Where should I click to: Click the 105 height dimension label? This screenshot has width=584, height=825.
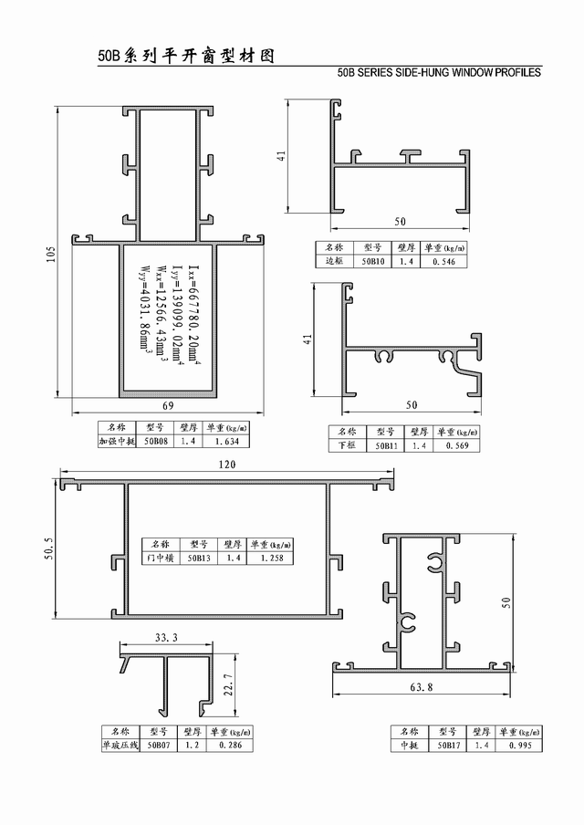coord(51,254)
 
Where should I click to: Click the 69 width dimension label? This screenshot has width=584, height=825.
coord(168,405)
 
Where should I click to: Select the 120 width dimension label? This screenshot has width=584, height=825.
coord(227,465)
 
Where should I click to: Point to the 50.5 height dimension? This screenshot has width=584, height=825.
coord(49,548)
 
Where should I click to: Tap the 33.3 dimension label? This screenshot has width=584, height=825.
coord(166,638)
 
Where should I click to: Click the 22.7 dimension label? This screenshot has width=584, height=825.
coord(229,684)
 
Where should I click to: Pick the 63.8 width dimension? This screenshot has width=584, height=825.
coord(422,686)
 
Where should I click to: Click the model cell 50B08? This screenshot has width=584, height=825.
coord(156,442)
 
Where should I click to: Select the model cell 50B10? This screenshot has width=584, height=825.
coord(373,262)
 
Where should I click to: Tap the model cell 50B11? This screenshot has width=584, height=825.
coord(386,445)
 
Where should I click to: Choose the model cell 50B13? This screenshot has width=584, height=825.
coord(199,558)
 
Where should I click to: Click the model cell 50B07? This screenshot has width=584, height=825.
coord(159,745)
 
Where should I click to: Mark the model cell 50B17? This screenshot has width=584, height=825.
coord(448,745)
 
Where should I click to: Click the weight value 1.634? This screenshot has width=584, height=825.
coord(227,442)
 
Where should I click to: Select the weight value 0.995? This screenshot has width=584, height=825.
coord(520,745)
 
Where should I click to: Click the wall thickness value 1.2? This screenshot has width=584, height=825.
coord(192,745)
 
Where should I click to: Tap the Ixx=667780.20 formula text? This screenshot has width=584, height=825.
coord(194,315)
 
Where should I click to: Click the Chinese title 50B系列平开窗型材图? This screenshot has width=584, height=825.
coord(186,56)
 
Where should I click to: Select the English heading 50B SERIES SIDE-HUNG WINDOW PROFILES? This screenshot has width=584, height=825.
coord(439,73)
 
